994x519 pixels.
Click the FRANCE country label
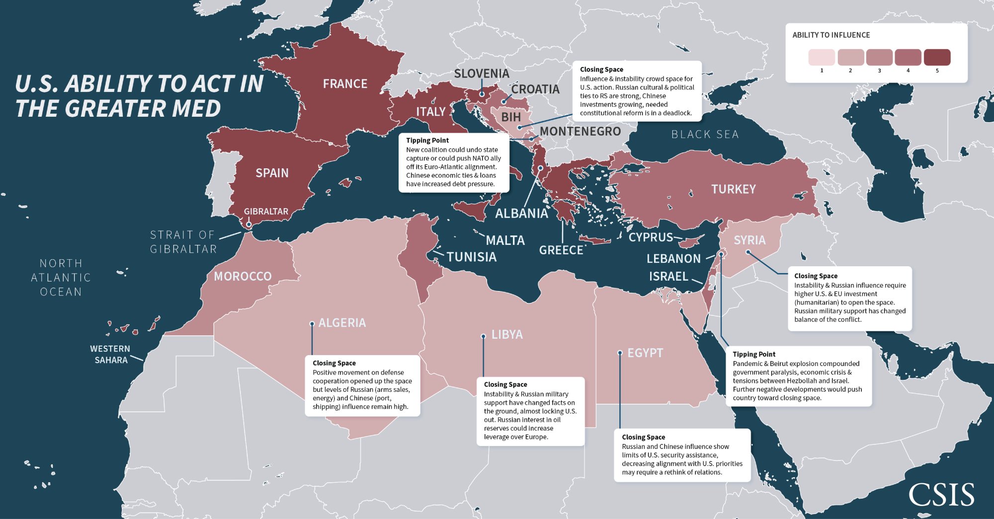coord(345,84)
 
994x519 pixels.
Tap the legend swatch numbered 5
coord(937,58)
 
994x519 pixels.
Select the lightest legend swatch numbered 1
coord(822,58)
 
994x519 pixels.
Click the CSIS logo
coord(941,495)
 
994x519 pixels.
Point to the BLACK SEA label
coord(705,135)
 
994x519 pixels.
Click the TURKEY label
coord(733,189)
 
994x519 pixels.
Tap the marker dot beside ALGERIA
coord(312,324)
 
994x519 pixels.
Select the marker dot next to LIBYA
coord(483,336)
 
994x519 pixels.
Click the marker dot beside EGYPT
coord(620,353)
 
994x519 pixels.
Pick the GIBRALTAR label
coord(266,212)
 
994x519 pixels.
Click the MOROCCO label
coord(243,277)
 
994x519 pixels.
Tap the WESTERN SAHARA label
coord(110,354)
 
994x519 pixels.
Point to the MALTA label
coord(505,240)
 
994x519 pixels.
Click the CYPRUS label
coord(651,237)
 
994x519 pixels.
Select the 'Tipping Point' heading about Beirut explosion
coord(753,354)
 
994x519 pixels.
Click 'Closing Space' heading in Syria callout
coord(816,276)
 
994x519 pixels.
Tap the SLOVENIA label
coord(481,74)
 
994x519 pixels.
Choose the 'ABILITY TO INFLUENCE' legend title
coord(831,35)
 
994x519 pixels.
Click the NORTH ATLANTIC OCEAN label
coord(61,278)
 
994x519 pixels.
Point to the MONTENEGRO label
coord(580,132)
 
